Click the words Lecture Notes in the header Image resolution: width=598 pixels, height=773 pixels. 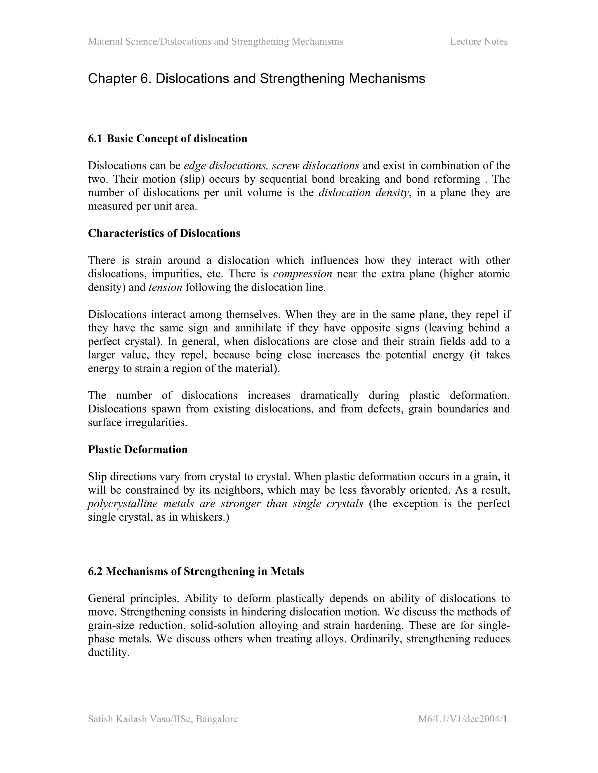[x=479, y=41]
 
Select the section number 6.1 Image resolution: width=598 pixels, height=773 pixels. [x=95, y=139]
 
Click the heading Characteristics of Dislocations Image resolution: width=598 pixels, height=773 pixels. [x=164, y=233]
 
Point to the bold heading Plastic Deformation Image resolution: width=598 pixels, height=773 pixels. [x=138, y=450]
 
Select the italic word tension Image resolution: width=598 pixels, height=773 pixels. [x=165, y=287]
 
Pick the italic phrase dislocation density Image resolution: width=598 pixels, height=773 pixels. [x=364, y=193]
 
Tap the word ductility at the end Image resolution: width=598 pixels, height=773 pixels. [x=108, y=653]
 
